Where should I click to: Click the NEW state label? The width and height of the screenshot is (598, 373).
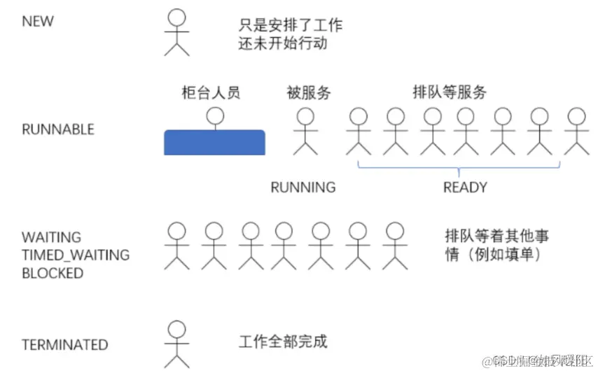[x=38, y=21]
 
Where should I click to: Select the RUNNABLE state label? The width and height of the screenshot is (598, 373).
[x=57, y=129]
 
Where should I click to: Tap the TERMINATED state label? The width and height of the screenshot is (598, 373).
[x=64, y=344]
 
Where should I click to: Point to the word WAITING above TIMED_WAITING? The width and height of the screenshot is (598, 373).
[x=51, y=237]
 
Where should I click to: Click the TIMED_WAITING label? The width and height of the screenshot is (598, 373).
[x=76, y=255]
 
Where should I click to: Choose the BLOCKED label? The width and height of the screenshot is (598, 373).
[x=53, y=273]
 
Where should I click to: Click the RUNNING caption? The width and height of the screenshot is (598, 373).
[x=303, y=187]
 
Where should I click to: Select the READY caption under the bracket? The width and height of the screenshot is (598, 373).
[x=464, y=187]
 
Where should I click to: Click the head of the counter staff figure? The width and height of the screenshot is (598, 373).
[x=215, y=115]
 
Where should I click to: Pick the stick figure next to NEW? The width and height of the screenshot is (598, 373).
[x=177, y=33]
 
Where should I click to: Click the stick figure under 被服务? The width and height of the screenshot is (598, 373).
[x=305, y=131]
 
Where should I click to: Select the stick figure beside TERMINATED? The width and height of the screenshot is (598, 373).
[x=177, y=344]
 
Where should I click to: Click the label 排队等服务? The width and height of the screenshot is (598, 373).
[x=450, y=92]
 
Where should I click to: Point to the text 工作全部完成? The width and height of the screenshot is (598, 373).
[x=283, y=342]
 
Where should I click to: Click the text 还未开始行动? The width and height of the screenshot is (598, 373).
[x=283, y=43]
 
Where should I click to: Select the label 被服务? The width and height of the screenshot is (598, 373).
[x=308, y=92]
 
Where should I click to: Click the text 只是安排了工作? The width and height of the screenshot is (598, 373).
[x=291, y=25]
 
